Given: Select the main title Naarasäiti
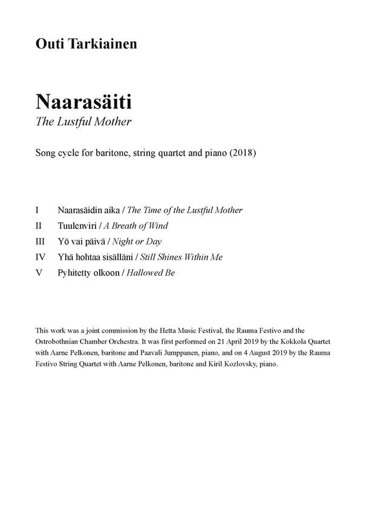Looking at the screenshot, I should [x=83, y=100].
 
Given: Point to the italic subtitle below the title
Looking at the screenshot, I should [x=83, y=121].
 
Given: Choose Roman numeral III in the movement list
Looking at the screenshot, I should [x=41, y=241].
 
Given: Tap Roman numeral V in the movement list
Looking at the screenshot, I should [x=39, y=272].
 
